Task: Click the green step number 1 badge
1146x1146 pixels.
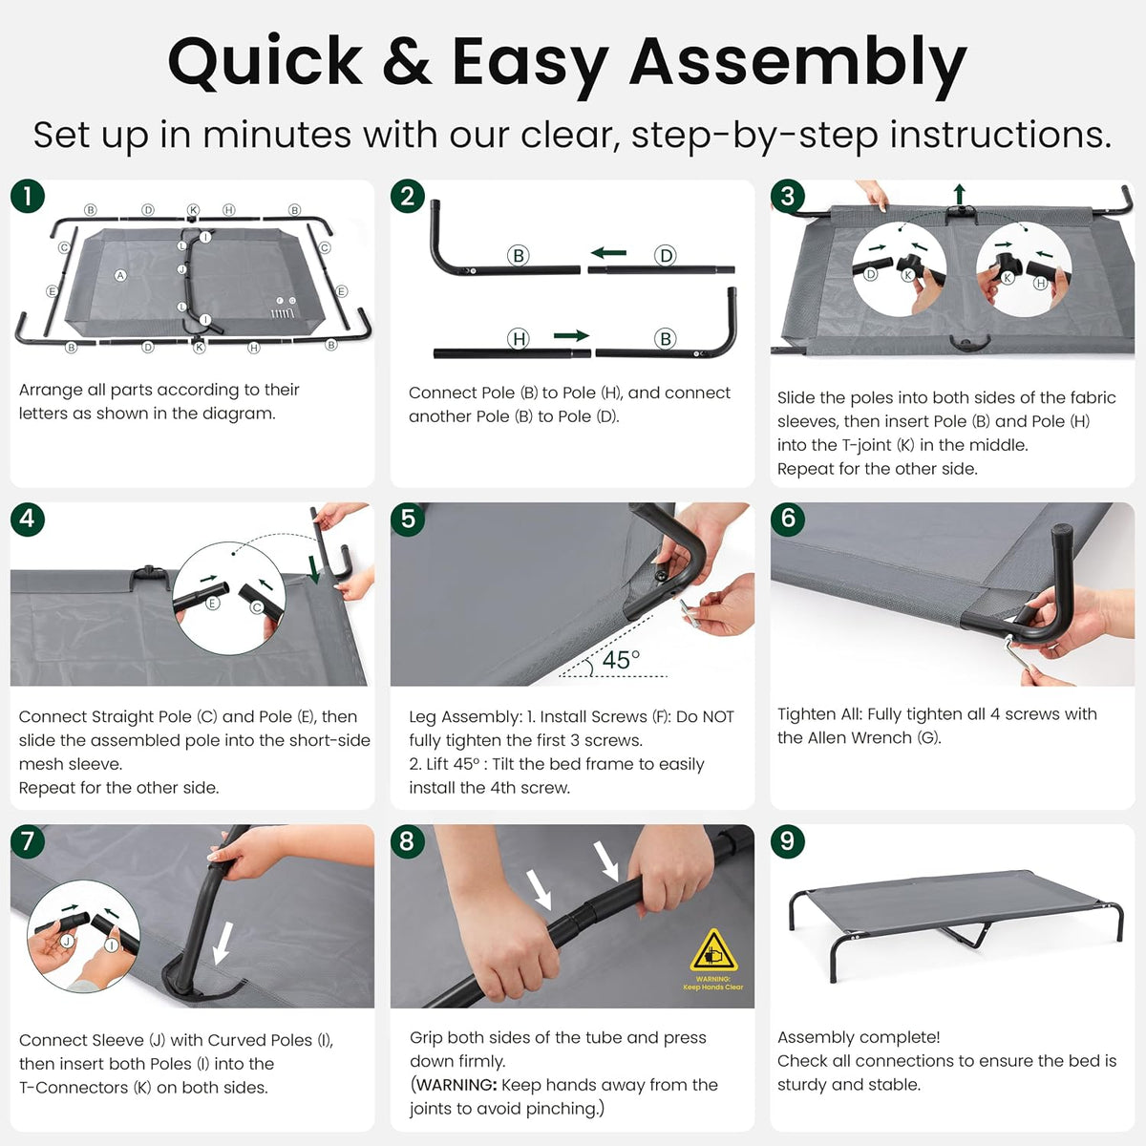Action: click(28, 197)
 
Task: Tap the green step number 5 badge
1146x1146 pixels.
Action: click(408, 519)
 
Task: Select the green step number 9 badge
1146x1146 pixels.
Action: click(787, 841)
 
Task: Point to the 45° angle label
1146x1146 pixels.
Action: click(621, 660)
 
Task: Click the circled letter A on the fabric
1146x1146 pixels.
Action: click(120, 275)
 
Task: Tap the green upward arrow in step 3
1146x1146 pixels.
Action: click(959, 195)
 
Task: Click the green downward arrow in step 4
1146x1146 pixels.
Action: click(313, 569)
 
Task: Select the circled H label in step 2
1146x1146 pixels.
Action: click(518, 339)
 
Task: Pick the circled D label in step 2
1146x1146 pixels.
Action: click(666, 256)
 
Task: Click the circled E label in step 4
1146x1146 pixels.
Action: click(212, 603)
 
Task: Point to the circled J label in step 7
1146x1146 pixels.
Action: click(67, 941)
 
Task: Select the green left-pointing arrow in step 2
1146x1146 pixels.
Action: click(608, 253)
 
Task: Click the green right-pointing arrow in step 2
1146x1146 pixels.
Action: click(571, 335)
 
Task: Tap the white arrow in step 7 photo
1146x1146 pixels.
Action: click(223, 944)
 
